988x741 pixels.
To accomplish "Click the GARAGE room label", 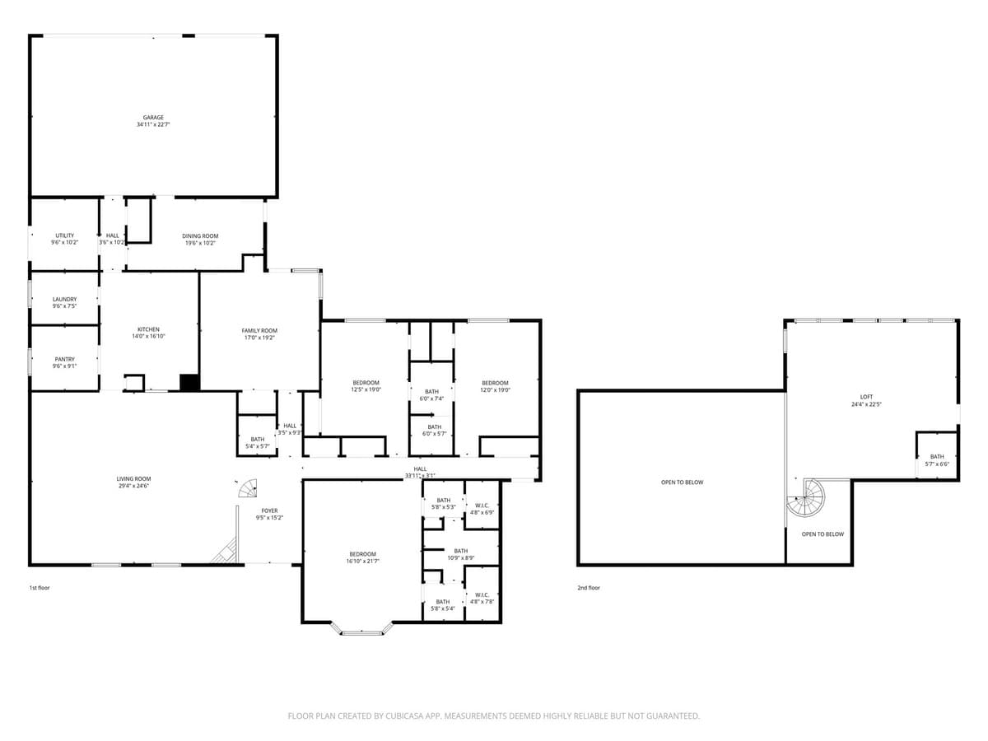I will pos(153,118).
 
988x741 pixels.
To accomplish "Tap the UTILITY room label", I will pos(65,235).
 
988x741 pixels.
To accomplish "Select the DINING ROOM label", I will pos(200,236).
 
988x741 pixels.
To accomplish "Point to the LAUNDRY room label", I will pos(65,299).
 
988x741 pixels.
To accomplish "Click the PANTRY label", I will pos(65,359).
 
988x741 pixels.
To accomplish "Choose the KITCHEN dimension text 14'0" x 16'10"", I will pos(148,336).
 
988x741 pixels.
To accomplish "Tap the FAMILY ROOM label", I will pos(259,330).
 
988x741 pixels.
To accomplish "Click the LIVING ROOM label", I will pos(133,478).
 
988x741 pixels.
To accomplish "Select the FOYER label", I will pos(269,510).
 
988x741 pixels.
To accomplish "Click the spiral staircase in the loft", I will pos(806,496).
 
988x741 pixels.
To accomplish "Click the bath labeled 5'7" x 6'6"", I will pos(937,460).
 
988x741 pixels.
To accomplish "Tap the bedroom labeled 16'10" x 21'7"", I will pos(362,557).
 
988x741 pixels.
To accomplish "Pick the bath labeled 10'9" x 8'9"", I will pos(460,554).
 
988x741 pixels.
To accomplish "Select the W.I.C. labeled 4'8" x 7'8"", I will pos(482,598).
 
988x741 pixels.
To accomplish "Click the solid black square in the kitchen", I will pos(189,383).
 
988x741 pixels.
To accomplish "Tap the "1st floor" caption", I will pos(40,588).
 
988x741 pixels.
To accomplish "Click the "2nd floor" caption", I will pos(589,588).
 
